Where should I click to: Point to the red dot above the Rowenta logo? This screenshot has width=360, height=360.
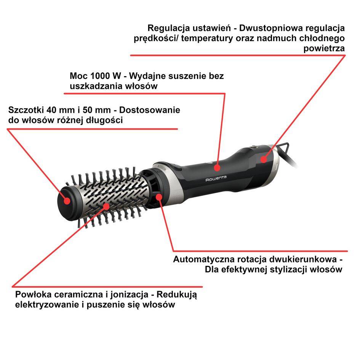tap(217, 167)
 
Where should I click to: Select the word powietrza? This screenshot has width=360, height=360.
tap(324, 48)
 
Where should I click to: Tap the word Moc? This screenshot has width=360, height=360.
tap(77, 76)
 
